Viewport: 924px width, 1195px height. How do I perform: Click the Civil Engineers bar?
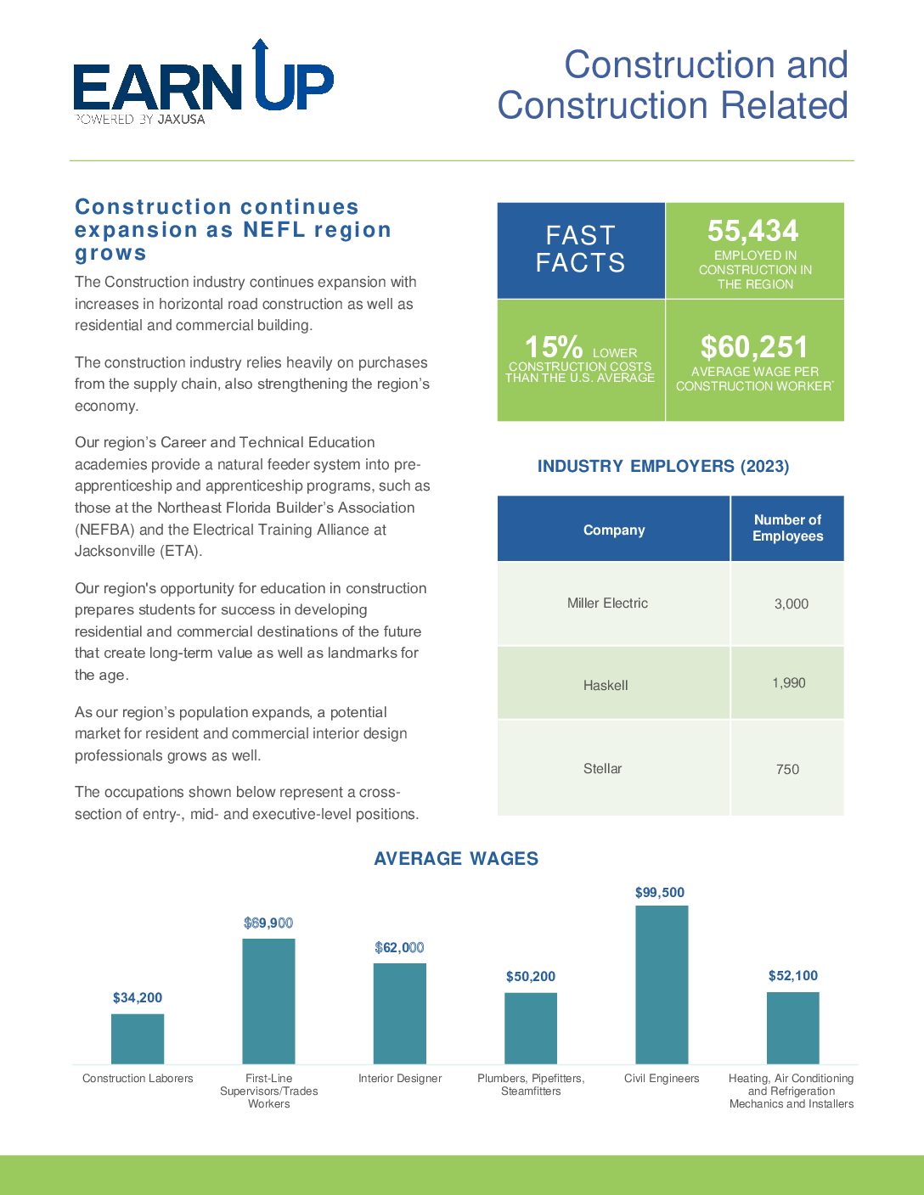pyautogui.click(x=662, y=985)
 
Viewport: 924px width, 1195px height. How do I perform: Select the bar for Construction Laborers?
pyautogui.click(x=138, y=1039)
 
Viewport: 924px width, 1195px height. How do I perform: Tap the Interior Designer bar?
pyautogui.click(x=399, y=1013)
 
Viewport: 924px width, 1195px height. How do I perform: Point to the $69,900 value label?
pyautogui.click(x=268, y=923)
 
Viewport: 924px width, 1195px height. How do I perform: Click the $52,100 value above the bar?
pyautogui.click(x=793, y=975)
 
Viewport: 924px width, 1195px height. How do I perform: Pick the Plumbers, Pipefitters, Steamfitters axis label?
pyautogui.click(x=531, y=1085)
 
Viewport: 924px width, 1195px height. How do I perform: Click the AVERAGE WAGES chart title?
pyautogui.click(x=456, y=858)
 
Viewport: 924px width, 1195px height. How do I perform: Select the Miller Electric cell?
pyautogui.click(x=607, y=603)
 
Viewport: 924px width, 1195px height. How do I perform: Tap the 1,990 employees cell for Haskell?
pyautogui.click(x=789, y=683)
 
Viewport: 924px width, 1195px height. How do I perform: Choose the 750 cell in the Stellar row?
pyautogui.click(x=787, y=769)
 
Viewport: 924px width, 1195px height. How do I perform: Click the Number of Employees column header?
pyautogui.click(x=787, y=528)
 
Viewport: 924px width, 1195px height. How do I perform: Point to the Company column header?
pyautogui.click(x=614, y=530)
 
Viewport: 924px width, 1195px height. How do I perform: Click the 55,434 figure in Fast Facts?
pyautogui.click(x=752, y=230)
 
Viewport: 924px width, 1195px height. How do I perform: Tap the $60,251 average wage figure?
pyautogui.click(x=754, y=347)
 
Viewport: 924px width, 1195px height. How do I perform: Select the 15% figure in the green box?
pyautogui.click(x=553, y=347)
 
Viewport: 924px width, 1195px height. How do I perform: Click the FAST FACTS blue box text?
pyautogui.click(x=581, y=249)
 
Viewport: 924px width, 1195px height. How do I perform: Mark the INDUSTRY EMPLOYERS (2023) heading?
pyautogui.click(x=663, y=466)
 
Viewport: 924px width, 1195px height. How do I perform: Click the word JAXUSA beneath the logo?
pyautogui.click(x=181, y=120)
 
